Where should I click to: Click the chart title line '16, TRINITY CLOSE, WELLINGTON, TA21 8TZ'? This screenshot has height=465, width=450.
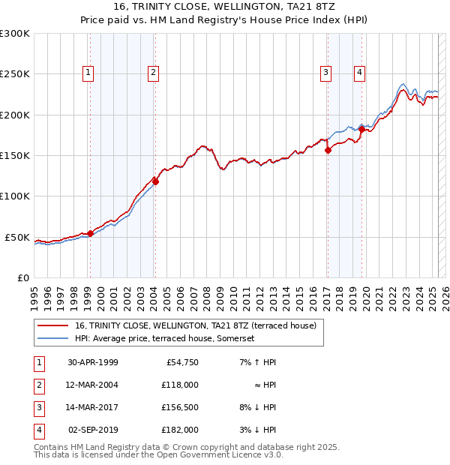224,7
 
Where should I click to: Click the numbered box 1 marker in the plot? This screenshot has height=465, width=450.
88,73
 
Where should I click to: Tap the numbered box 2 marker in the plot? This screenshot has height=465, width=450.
153,73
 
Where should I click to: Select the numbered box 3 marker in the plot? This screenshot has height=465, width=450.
326,73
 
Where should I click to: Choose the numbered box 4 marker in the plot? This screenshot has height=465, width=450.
360,73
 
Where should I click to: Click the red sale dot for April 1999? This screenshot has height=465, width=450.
91,233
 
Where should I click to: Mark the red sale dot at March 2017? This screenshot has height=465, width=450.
328,150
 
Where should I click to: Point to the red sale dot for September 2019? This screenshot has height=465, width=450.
361,130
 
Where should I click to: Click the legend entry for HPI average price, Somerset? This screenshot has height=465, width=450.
165,338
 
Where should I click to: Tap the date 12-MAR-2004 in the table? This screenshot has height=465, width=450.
93,385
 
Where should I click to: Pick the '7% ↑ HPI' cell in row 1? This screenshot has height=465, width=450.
256,362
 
